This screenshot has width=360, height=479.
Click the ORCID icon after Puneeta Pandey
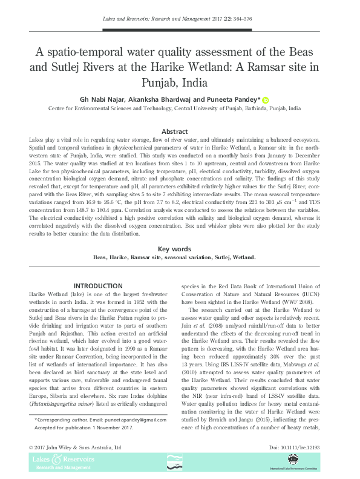click(x=265, y=99)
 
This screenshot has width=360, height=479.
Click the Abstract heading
click(x=180, y=131)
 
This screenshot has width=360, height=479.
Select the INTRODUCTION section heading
click(x=97, y=286)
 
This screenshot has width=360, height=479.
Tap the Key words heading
click(x=179, y=249)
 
